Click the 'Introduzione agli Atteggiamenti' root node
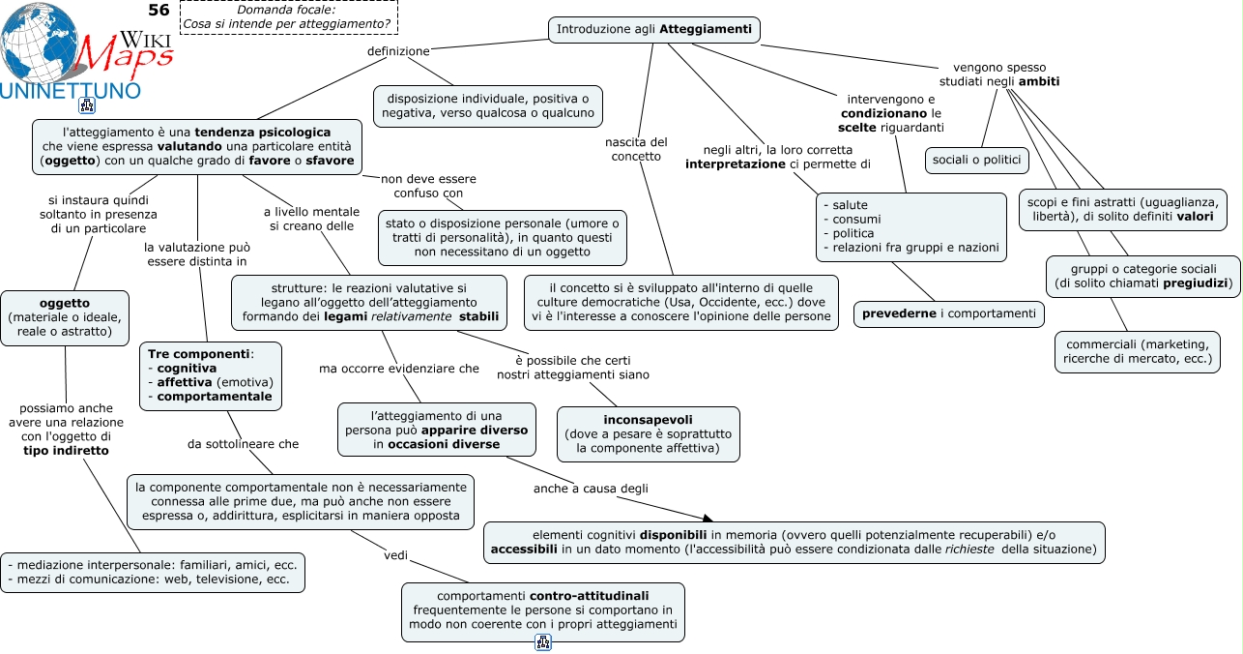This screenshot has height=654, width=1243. [653, 29]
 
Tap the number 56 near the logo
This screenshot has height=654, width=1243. [159, 10]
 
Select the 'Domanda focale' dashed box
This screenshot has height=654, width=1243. [289, 17]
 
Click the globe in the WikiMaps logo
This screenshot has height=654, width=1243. [39, 43]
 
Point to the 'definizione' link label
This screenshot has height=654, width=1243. [398, 51]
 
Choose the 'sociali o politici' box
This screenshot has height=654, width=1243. [976, 160]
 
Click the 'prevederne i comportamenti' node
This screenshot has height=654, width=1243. [949, 314]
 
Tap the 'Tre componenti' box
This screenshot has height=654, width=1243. [211, 375]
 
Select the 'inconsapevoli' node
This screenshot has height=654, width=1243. [649, 434]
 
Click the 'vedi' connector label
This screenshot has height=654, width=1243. [395, 555]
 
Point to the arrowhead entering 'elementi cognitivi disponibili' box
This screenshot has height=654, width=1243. [708, 519]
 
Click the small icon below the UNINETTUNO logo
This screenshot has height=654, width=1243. [87, 105]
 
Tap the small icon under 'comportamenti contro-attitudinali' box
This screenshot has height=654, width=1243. [543, 642]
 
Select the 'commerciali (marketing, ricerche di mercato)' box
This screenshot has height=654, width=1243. [1138, 352]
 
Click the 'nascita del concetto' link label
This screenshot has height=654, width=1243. [636, 149]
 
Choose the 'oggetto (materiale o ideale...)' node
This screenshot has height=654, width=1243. [65, 318]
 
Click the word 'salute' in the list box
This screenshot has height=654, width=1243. [850, 205]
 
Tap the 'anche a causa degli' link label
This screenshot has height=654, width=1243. [591, 489]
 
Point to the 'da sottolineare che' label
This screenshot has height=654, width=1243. [243, 444]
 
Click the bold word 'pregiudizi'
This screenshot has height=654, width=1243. [1196, 283]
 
